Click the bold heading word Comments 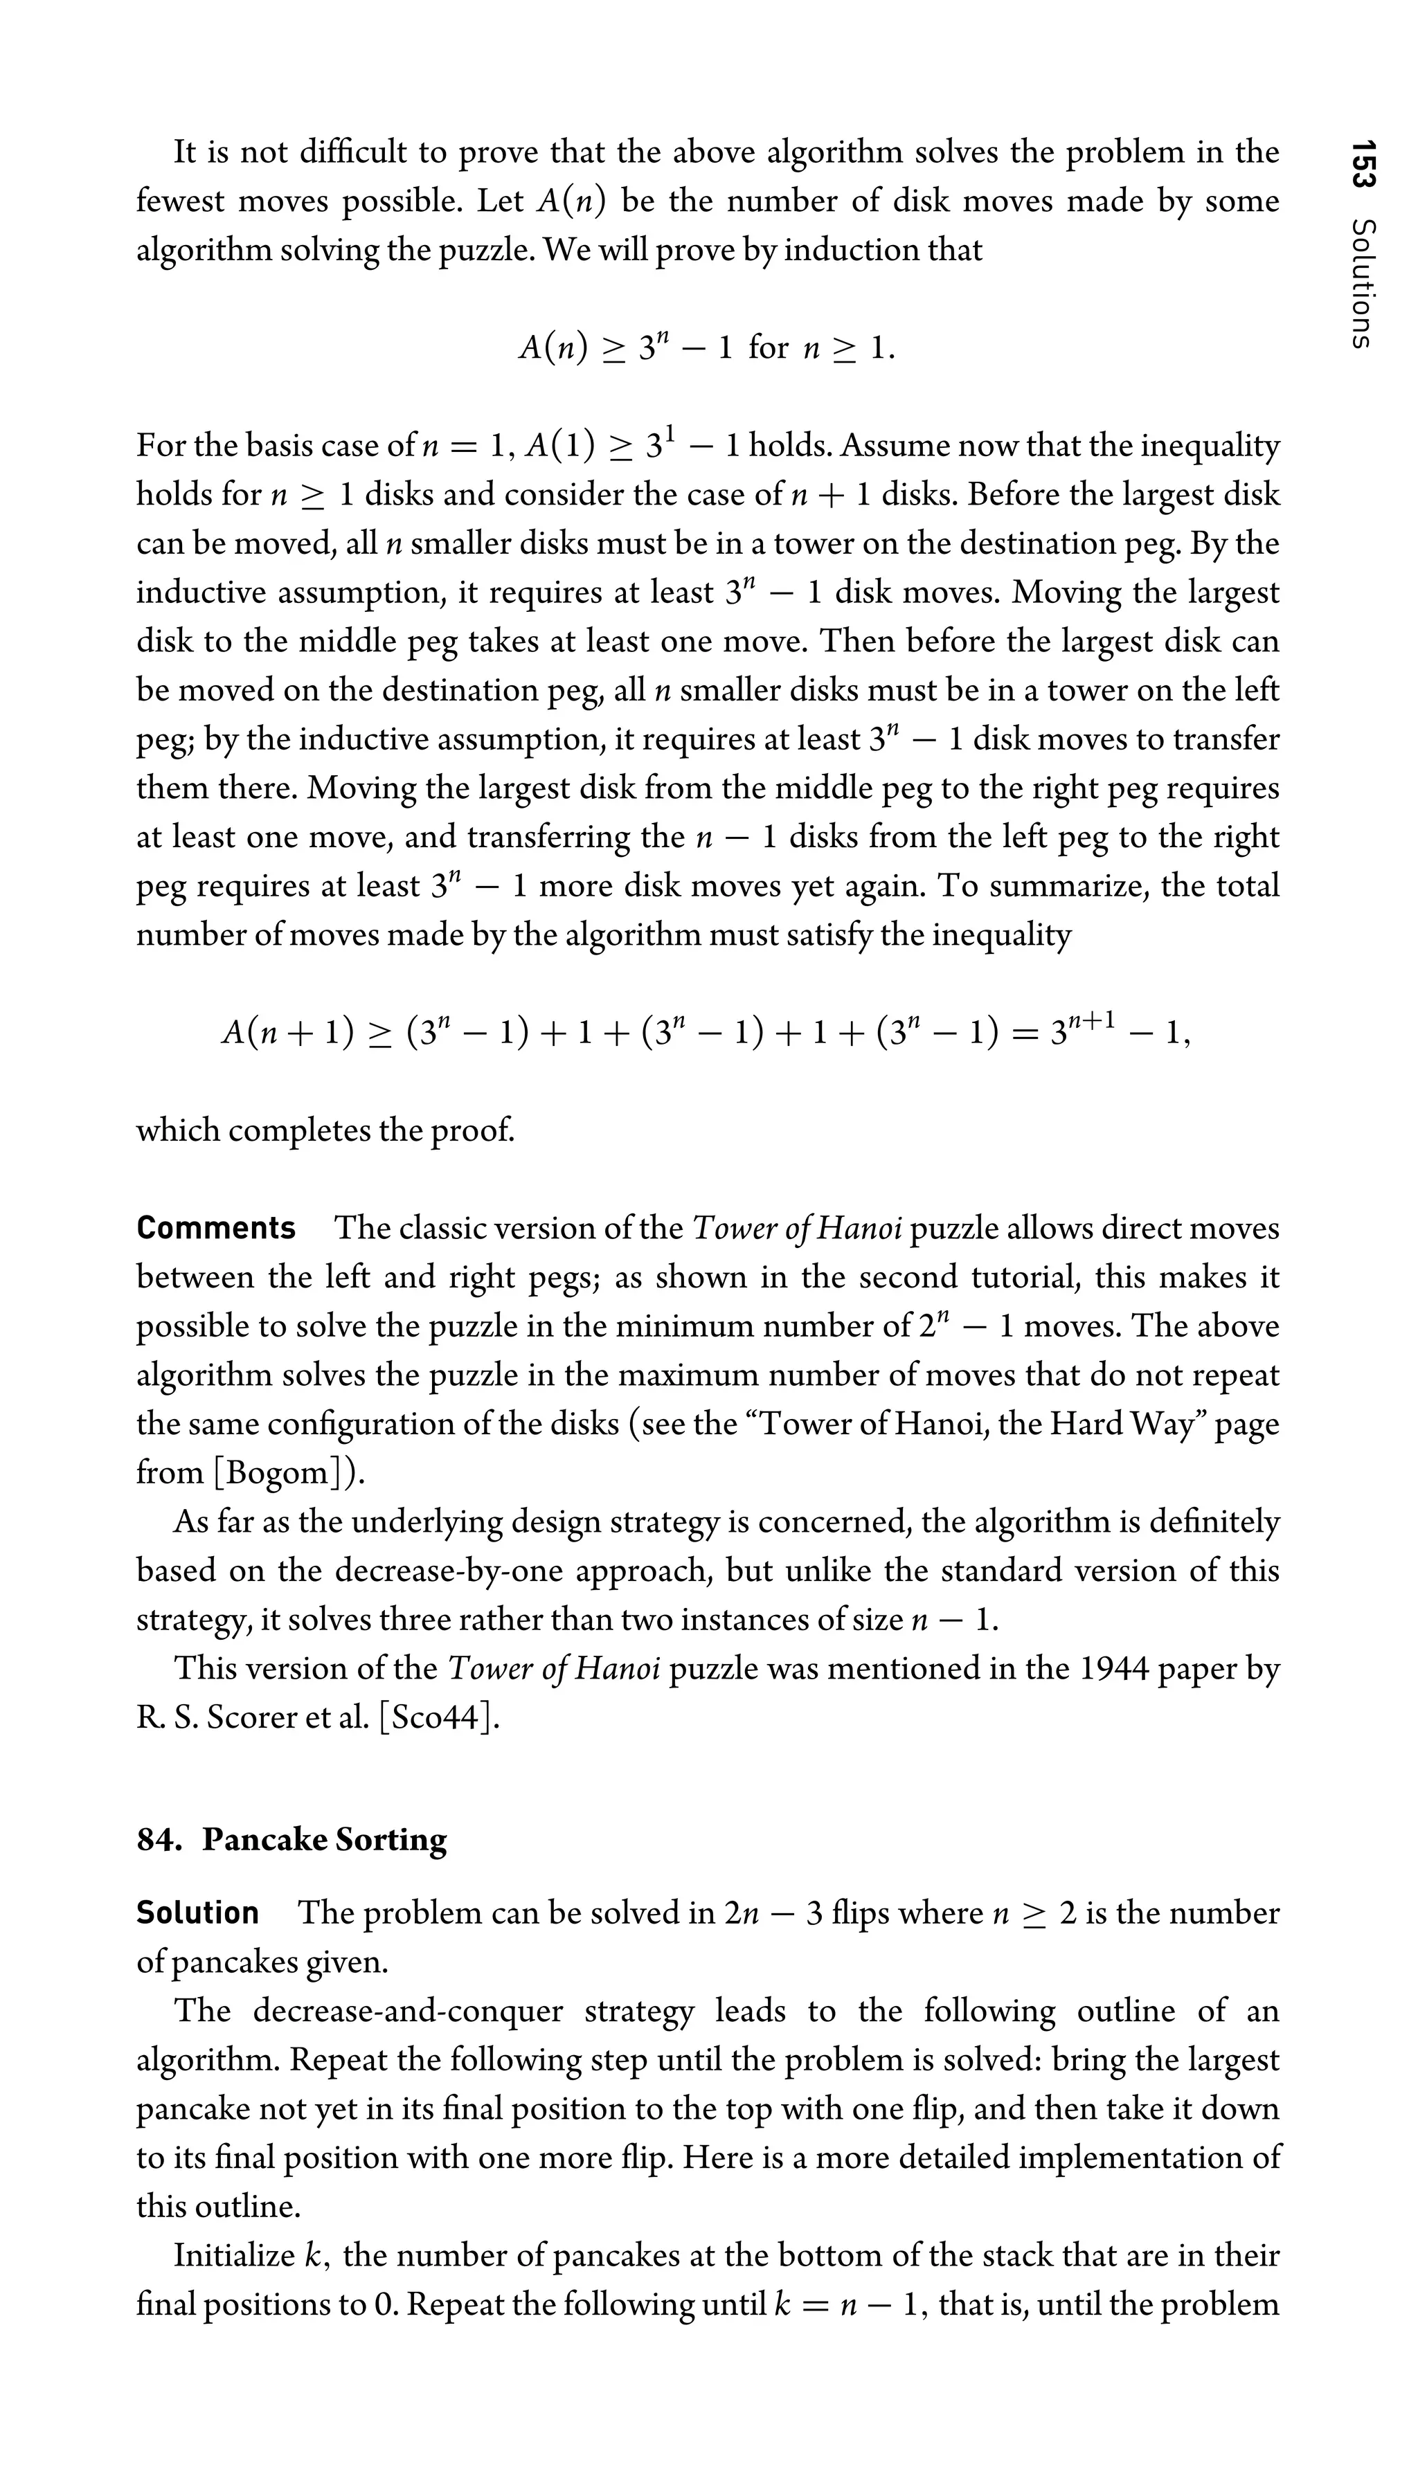coord(215,1229)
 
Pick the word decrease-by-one coord(449,1571)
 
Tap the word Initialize coord(235,2256)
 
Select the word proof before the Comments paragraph coord(474,1130)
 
